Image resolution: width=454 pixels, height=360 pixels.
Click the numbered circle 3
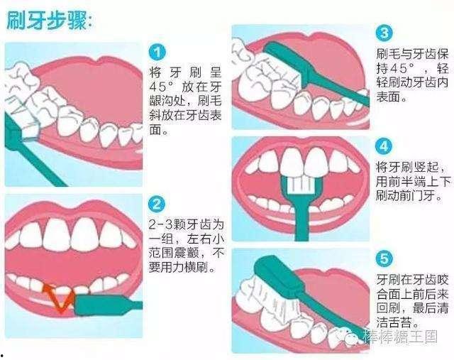pyautogui.click(x=384, y=32)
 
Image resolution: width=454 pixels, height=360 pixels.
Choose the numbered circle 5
pyautogui.click(x=384, y=257)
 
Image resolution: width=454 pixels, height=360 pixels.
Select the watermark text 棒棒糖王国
pyautogui.click(x=405, y=339)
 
